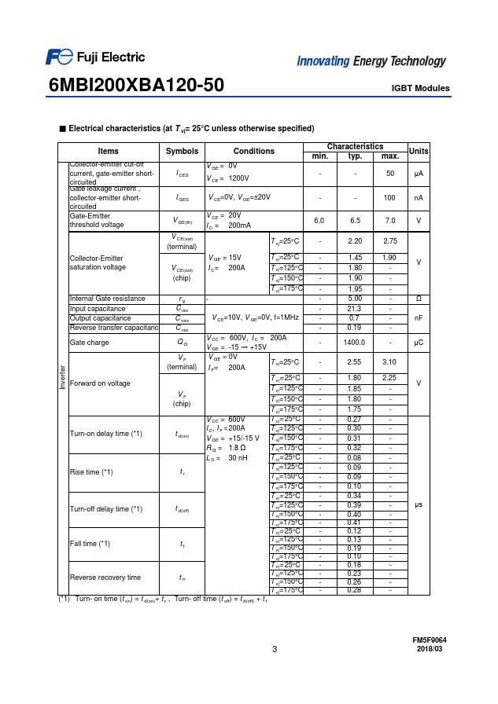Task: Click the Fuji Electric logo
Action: tap(94, 57)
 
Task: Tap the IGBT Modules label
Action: tap(420, 88)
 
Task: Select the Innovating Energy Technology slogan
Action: tap(371, 61)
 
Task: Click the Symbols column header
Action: tap(182, 151)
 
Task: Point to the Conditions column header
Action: tap(254, 151)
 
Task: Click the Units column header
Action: tap(419, 151)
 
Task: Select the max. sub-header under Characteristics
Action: tap(389, 156)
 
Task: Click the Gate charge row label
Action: tap(89, 343)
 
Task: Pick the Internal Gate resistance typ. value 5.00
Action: tap(355, 299)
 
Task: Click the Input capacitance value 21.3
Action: tap(355, 309)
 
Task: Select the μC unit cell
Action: tap(419, 343)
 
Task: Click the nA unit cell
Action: tap(419, 198)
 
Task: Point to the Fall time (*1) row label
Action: tap(90, 544)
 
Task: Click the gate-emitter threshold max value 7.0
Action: tap(389, 221)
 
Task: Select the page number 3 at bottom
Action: tap(275, 649)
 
